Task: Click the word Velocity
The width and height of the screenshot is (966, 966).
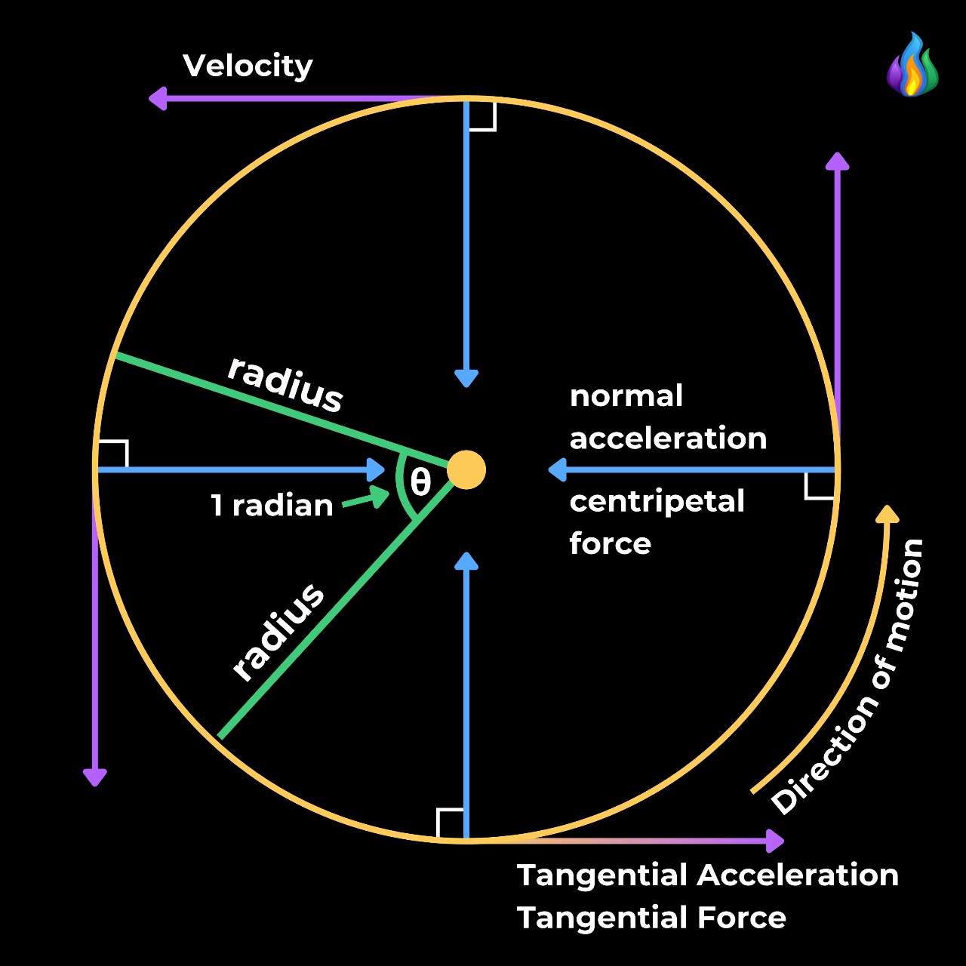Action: tap(248, 66)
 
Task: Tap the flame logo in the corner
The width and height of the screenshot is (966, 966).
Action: tap(912, 66)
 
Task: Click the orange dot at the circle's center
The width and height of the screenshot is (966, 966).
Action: tap(466, 470)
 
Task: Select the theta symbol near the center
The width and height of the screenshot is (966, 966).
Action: tap(420, 482)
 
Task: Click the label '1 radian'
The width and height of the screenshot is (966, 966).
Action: tap(272, 506)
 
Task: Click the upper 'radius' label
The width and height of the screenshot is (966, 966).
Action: tap(286, 383)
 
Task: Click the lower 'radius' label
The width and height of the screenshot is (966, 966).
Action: tap(278, 632)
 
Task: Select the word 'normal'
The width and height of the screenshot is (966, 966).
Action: tap(626, 396)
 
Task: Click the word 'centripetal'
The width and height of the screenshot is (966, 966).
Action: tap(657, 501)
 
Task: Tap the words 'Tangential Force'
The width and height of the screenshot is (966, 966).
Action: tap(651, 918)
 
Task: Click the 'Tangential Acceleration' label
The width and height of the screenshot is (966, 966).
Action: tap(707, 875)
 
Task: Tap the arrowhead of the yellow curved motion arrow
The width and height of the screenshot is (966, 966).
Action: tap(888, 514)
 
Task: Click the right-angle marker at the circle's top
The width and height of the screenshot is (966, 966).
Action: tap(481, 115)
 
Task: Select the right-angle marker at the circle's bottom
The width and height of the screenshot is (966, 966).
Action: tap(451, 823)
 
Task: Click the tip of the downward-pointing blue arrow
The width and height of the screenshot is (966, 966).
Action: tap(466, 380)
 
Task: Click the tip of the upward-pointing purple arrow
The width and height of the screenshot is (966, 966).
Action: tap(837, 159)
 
